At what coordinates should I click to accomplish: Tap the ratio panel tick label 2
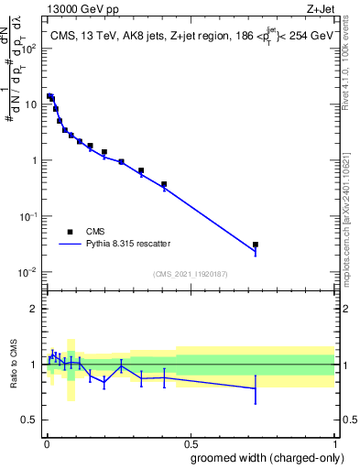[35, 309]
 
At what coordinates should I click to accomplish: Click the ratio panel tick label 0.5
[31, 420]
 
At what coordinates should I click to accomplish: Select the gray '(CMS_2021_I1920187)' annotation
[190, 273]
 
